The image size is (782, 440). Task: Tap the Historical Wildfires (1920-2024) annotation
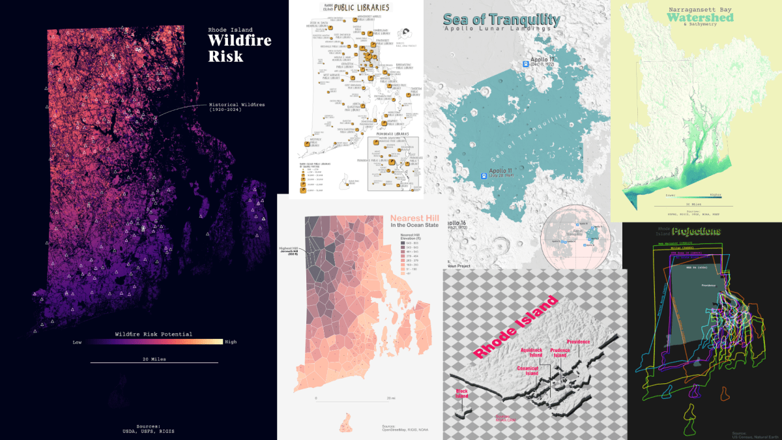(x=237, y=107)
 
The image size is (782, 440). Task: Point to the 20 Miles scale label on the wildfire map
(x=154, y=359)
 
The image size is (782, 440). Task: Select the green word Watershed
(x=700, y=18)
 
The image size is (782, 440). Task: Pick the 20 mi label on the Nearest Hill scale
(x=390, y=398)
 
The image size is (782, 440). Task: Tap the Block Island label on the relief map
(x=461, y=394)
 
